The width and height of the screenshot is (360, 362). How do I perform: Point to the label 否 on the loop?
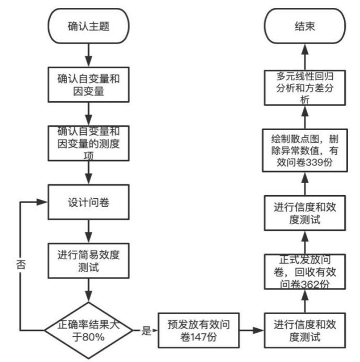point(20,263)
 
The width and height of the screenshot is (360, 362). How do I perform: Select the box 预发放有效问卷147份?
point(199,331)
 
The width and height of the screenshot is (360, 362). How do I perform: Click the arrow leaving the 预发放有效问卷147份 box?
point(251,331)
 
